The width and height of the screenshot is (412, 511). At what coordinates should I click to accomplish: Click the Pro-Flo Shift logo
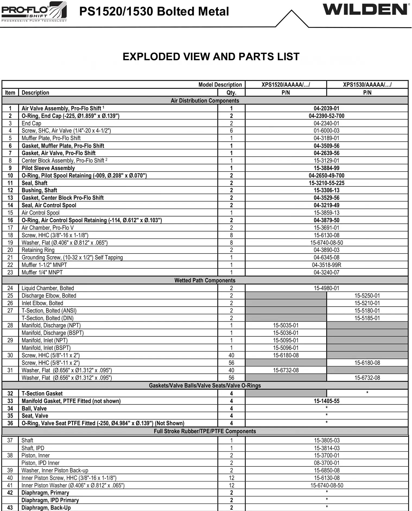point(34,12)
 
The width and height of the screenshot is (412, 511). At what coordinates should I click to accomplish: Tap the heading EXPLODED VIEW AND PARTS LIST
point(211,57)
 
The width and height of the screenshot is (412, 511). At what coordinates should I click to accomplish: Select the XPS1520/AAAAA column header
point(286,85)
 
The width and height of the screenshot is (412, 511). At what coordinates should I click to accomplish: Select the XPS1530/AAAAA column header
point(367,85)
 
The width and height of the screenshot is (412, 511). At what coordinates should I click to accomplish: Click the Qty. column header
point(231,93)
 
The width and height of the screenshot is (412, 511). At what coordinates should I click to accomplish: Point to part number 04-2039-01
point(326,108)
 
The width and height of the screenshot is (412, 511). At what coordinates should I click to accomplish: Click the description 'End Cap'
point(31,123)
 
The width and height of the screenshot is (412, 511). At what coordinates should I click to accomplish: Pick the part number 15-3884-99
point(326,168)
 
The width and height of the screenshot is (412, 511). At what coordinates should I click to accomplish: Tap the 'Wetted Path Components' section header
point(205,280)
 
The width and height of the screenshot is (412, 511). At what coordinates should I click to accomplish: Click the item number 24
point(10,288)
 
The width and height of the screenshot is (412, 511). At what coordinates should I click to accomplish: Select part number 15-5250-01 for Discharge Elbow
point(367,296)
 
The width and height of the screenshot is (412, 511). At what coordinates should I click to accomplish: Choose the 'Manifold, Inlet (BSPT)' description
point(46,348)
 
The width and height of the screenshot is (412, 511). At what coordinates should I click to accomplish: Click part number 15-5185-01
point(367,318)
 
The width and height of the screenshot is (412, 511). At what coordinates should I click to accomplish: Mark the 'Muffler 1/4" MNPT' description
point(42,272)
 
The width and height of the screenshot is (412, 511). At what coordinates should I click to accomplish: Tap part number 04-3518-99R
point(326,265)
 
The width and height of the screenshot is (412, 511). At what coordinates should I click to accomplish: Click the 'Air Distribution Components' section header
point(205,101)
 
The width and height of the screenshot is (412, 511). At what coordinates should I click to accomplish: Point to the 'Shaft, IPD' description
point(33,448)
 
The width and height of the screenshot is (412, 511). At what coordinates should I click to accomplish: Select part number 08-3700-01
point(327,463)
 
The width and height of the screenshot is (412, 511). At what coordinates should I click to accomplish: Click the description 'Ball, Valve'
point(34,408)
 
